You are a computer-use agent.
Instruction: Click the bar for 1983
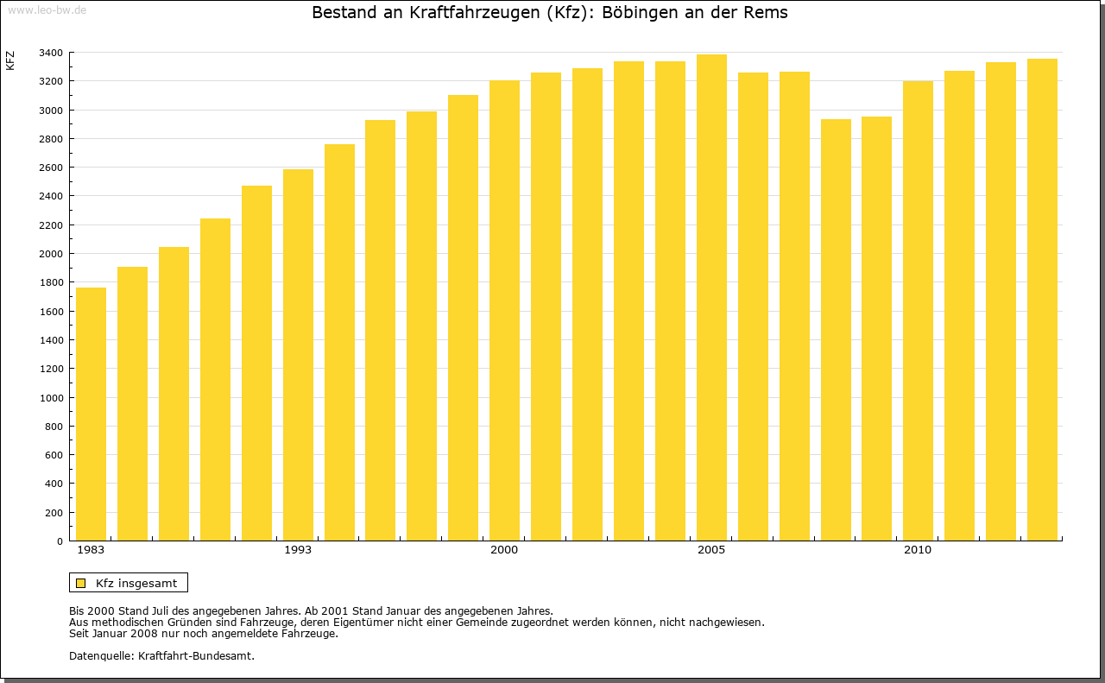91,414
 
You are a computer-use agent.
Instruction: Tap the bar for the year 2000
504,311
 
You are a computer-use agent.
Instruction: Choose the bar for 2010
918,311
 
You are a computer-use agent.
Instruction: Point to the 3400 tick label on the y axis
50,53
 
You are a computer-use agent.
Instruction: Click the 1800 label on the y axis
50,282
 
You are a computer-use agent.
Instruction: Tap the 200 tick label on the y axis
54,512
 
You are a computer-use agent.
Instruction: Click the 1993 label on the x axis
298,550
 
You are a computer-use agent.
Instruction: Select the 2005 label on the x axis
711,550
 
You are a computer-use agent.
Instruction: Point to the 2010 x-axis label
918,550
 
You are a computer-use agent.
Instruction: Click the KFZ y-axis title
10,60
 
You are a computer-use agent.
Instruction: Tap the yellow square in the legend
80,583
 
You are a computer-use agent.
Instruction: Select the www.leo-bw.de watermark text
46,9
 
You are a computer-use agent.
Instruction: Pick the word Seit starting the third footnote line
79,633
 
